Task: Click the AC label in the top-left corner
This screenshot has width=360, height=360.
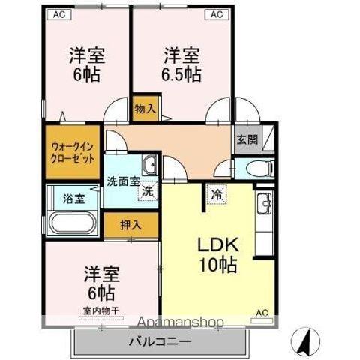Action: [x=59, y=14]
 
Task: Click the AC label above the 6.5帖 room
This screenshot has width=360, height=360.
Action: [x=215, y=14]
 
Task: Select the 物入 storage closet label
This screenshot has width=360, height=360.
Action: [x=145, y=109]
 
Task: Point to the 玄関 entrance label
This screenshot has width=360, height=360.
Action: [x=247, y=139]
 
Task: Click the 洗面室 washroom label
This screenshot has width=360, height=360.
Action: [x=121, y=181]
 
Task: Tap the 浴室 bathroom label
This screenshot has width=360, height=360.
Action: [x=73, y=199]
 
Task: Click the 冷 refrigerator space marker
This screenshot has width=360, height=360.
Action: [x=216, y=194]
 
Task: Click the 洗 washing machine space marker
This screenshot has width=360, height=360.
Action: [x=148, y=190]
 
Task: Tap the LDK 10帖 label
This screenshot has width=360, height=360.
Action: [x=217, y=255]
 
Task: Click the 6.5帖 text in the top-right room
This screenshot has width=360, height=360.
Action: [x=182, y=74]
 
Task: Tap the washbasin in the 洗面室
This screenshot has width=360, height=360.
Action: [x=150, y=165]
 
